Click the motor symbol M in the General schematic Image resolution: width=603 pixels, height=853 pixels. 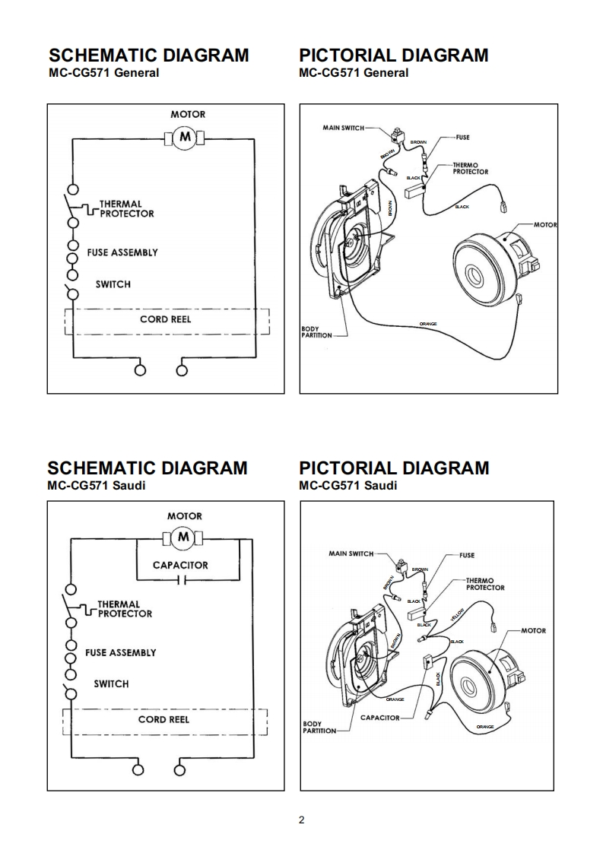tap(183, 137)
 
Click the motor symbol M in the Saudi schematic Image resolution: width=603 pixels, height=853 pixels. tap(182, 538)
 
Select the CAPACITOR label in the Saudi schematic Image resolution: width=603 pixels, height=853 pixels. tap(180, 565)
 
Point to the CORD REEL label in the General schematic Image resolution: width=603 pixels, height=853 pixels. tap(166, 319)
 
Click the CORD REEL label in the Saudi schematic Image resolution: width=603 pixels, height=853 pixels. tap(164, 719)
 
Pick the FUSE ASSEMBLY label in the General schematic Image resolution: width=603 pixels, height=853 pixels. tap(122, 252)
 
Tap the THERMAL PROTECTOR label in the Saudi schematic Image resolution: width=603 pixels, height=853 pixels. tap(125, 609)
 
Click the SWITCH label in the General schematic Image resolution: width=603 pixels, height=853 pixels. tap(113, 284)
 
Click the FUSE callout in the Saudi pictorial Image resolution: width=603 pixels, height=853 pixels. tap(466, 555)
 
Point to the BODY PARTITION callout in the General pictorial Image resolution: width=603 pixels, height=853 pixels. tap(310, 333)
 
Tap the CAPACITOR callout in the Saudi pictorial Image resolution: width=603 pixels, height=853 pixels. tap(379, 718)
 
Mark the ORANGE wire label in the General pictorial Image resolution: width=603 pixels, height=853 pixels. tap(428, 325)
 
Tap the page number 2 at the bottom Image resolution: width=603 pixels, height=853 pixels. tap(302, 820)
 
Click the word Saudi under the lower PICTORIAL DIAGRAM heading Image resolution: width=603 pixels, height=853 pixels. tap(380, 485)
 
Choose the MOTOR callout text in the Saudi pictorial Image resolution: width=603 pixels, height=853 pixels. tap(533, 630)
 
